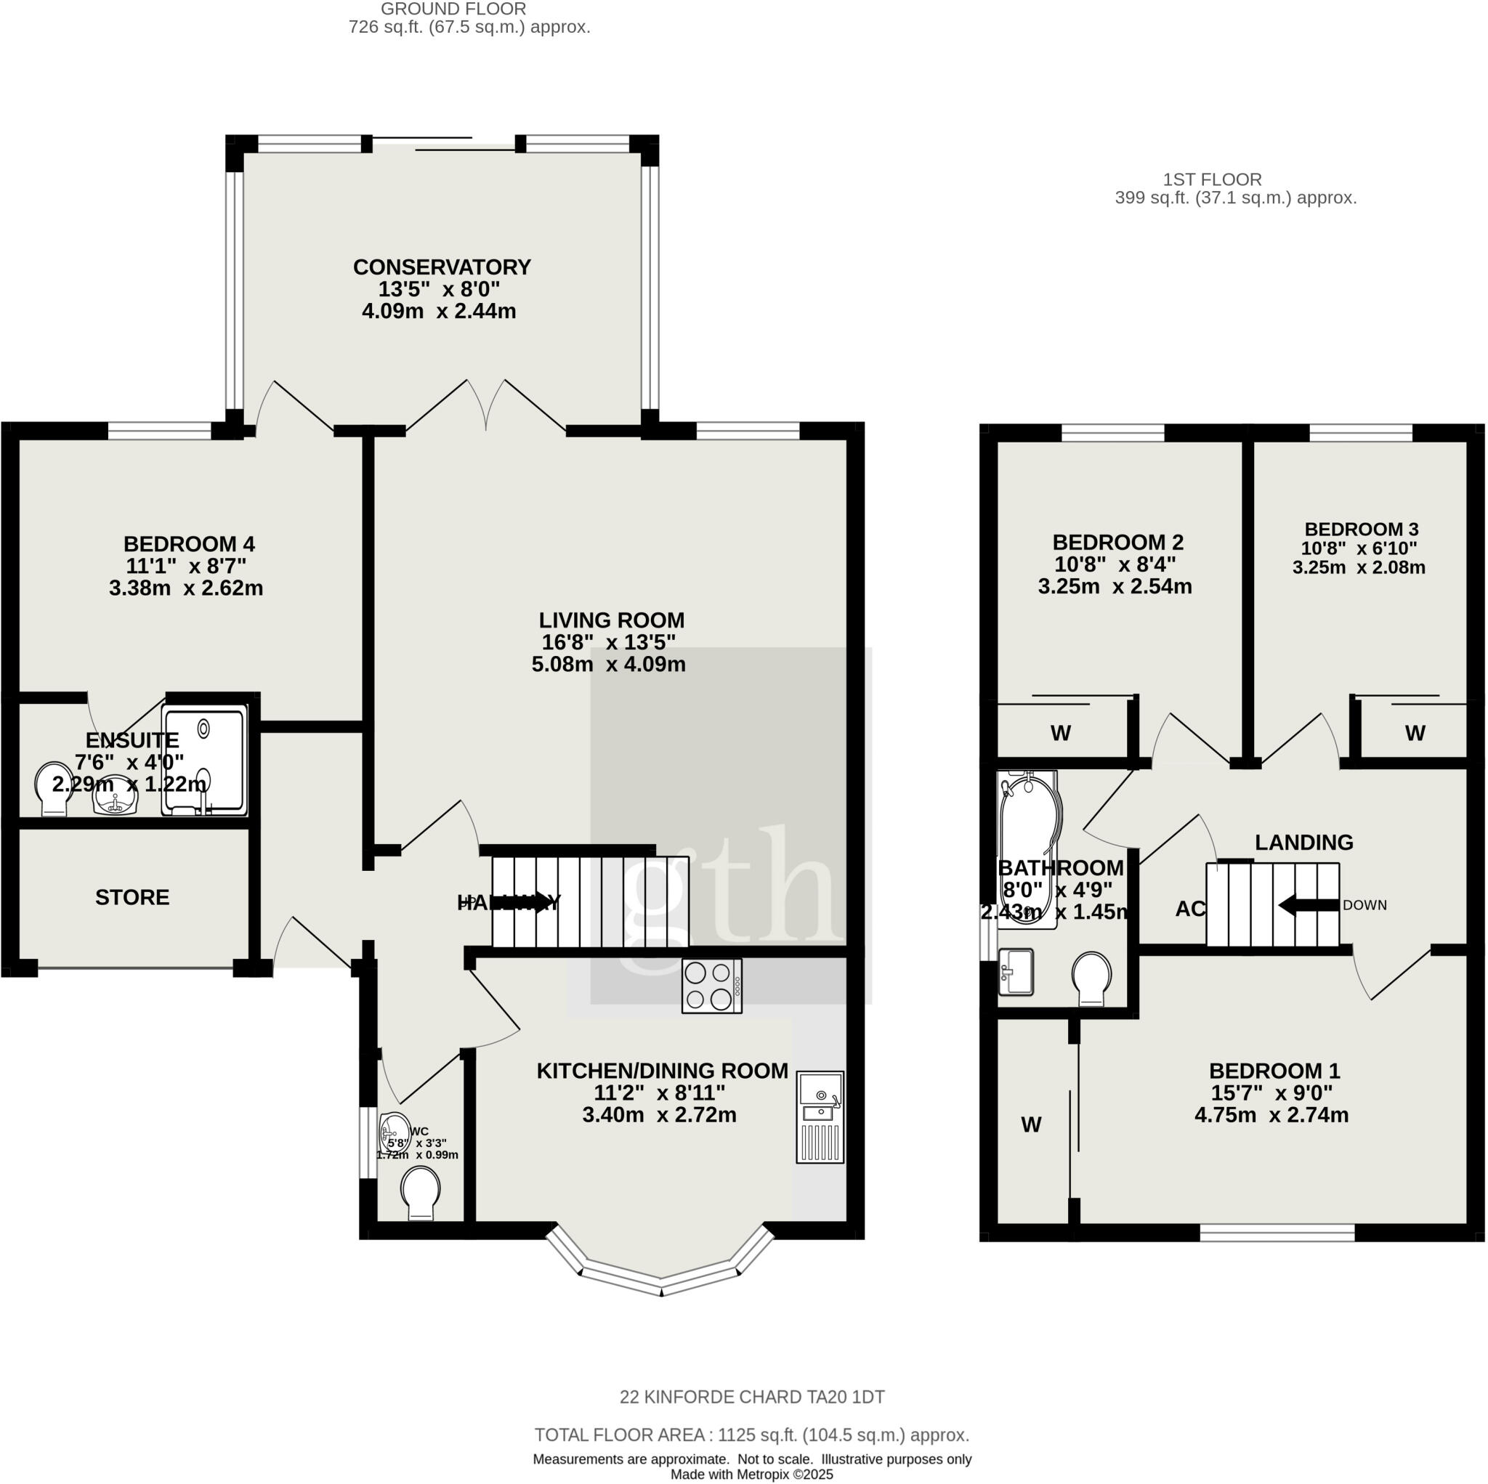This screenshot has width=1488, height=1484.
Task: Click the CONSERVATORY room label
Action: pyautogui.click(x=441, y=267)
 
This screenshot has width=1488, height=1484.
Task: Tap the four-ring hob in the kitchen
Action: pyautogui.click(x=711, y=986)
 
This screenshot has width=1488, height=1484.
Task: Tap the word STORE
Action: pyautogui.click(x=132, y=897)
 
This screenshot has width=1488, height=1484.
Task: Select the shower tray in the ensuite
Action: pyautogui.click(x=204, y=761)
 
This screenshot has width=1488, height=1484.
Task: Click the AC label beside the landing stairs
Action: pyautogui.click(x=1189, y=909)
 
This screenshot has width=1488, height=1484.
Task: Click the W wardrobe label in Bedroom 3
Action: pyautogui.click(x=1415, y=733)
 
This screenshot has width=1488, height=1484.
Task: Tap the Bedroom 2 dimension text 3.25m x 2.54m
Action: pyautogui.click(x=1115, y=586)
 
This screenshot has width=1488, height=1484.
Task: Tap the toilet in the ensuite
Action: pyautogui.click(x=54, y=790)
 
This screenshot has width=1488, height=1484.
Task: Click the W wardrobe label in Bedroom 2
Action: pyautogui.click(x=1061, y=733)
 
